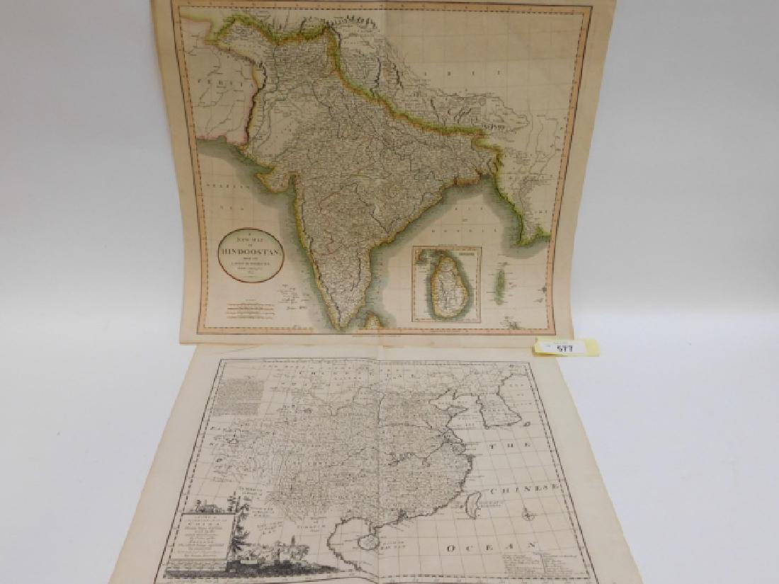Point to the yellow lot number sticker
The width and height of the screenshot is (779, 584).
(567, 348)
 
